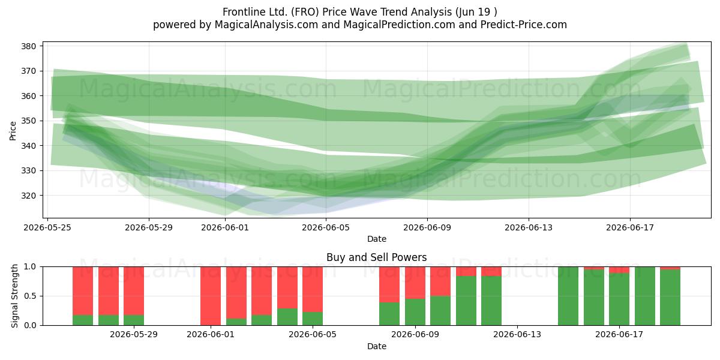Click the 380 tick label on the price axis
click(28, 46)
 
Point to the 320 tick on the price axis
click(28, 196)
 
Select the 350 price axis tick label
click(28, 121)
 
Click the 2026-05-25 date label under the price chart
click(47, 227)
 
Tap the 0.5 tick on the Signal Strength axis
click(30, 296)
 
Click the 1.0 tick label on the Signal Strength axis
click(30, 267)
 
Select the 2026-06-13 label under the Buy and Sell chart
click(517, 335)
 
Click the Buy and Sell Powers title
click(376, 257)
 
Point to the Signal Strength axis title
click(14, 296)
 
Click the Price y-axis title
click(13, 131)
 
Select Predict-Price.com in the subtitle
click(524, 25)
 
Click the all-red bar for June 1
click(211, 296)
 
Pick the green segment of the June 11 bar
click(466, 301)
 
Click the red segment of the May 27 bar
click(83, 291)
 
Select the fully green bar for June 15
click(568, 296)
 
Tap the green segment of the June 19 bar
click(670, 298)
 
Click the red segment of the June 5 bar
click(313, 289)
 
